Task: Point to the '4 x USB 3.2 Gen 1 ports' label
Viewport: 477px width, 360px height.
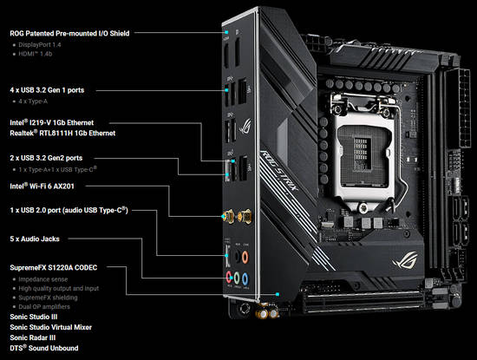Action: [x=52, y=89]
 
